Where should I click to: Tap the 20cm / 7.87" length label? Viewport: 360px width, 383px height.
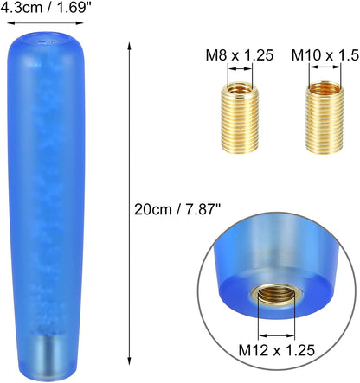coord(177,209)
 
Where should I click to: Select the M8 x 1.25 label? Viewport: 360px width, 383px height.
coord(240,55)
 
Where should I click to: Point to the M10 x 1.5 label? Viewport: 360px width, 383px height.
coord(325,55)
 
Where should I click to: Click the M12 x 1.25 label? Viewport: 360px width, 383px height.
coord(277,350)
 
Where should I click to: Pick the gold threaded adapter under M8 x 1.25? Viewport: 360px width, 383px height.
coord(240,118)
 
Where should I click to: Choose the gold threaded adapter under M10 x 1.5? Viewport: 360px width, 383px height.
coord(325,118)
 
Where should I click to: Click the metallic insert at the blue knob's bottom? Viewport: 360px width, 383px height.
coord(46,357)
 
